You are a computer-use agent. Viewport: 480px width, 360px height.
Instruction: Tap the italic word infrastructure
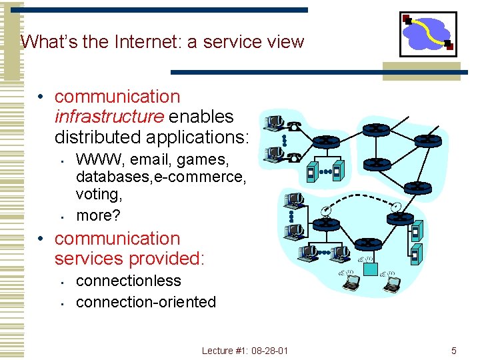tap(109, 117)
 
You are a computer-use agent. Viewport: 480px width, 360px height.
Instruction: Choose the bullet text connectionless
tap(128, 281)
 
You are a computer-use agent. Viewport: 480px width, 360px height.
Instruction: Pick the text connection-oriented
tap(146, 302)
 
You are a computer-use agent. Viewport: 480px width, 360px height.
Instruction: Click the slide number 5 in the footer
tap(454, 350)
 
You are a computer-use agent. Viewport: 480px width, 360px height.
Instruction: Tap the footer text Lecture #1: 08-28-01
tap(245, 350)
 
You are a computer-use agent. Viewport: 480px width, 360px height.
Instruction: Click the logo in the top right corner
tap(428, 34)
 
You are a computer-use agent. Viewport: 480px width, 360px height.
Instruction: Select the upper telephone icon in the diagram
tap(293, 123)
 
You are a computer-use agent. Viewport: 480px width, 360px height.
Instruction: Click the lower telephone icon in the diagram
tap(294, 156)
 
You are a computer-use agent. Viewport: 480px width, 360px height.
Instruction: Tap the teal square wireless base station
tap(369, 269)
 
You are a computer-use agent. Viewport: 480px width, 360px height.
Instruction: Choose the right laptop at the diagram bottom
tap(393, 283)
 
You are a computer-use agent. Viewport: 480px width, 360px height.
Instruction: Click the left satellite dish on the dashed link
tap(325, 211)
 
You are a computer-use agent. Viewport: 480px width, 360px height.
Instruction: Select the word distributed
tap(100, 137)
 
